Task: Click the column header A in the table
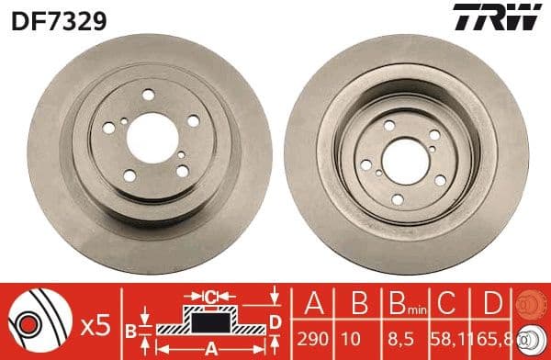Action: click(314, 304)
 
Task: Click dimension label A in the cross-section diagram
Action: click(210, 348)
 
